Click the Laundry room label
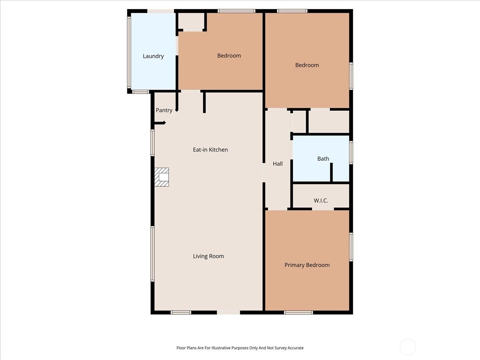(153, 56)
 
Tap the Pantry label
(164, 110)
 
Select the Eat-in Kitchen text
(210, 150)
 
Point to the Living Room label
(208, 256)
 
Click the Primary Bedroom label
(307, 265)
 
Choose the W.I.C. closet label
(320, 200)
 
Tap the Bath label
(323, 159)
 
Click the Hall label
(278, 164)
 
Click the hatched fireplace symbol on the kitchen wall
(162, 177)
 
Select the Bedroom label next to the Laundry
(229, 56)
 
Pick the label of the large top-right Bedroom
(307, 65)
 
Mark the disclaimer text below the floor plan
(240, 348)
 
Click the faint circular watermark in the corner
(408, 346)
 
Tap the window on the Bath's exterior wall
(351, 152)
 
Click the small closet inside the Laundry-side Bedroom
(191, 21)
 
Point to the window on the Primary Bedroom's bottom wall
(298, 312)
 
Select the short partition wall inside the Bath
(332, 172)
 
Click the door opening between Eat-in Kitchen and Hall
(264, 172)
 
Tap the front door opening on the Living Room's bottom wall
(228, 312)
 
